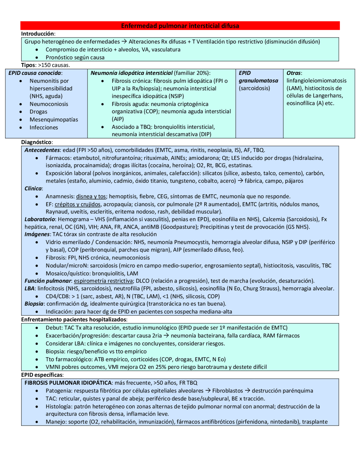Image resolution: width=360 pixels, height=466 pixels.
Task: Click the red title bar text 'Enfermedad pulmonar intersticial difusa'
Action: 180,26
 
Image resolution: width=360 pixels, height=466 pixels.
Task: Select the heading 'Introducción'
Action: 38,34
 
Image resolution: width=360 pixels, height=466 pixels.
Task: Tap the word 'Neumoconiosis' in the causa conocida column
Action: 49,104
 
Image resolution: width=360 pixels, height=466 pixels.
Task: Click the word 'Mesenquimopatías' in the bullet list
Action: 54,120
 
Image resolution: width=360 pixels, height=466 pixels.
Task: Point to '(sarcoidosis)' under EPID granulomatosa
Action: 254,88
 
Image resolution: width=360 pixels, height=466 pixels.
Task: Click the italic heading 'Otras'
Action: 294,73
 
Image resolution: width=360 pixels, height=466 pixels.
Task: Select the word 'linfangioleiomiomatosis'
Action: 316,81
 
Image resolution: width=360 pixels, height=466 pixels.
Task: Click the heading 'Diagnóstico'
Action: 36,142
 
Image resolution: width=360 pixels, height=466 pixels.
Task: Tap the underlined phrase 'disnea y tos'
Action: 91,196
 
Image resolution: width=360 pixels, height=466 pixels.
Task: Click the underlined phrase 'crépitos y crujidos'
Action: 77,204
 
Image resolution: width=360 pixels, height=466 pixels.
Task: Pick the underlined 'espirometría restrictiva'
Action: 103,281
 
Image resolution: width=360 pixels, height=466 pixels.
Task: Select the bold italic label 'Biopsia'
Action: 34,304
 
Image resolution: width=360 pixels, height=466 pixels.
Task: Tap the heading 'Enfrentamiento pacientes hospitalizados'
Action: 74,320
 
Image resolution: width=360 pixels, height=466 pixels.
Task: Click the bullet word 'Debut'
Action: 53,328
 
